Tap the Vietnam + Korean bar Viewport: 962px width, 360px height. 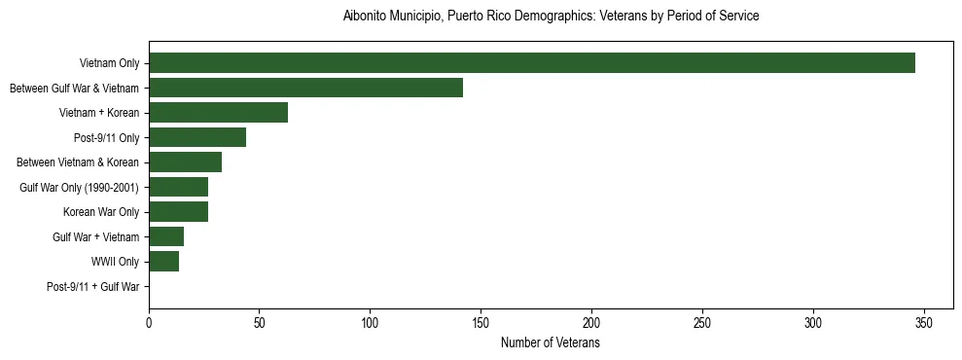point(218,113)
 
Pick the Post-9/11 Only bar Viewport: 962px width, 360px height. point(197,137)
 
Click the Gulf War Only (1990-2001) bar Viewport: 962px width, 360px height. point(178,187)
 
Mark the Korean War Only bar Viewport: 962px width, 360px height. point(178,212)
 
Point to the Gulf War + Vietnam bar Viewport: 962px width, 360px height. point(166,236)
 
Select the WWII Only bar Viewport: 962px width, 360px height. point(163,262)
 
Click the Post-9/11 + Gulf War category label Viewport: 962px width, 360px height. point(93,287)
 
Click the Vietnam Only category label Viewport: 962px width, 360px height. point(109,63)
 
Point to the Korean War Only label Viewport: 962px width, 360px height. point(101,212)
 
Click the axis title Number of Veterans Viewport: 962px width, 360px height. point(550,343)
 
